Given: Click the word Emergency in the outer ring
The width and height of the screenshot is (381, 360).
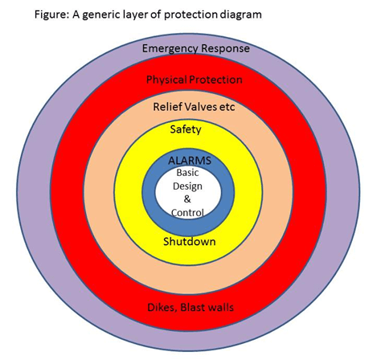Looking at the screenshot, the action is pos(170,49).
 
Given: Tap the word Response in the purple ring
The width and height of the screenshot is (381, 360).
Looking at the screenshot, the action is pos(226,49).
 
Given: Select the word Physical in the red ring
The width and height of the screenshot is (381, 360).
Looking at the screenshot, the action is pos(166,80).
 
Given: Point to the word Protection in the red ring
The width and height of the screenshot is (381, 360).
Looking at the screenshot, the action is pos(215,80).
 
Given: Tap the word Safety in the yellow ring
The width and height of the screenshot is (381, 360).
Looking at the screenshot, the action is pos(186,130).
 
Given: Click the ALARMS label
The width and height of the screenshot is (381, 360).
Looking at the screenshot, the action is pos(190,161).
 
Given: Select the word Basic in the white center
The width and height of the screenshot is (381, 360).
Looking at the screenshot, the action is pos(187,173).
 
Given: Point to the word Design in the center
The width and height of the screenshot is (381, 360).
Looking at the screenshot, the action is pos(187,186).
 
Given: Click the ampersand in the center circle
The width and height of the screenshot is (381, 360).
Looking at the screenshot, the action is pos(187,199).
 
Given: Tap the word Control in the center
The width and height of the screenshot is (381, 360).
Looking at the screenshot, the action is pos(187,213).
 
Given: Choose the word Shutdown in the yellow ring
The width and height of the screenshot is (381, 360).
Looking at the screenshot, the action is pos(190,242).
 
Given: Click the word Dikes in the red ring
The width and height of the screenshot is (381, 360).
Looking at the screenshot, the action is pos(162,308).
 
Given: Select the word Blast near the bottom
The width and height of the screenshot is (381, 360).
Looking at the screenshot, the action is pos(192,307).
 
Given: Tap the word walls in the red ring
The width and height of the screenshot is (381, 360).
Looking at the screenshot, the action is pos(220,307).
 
